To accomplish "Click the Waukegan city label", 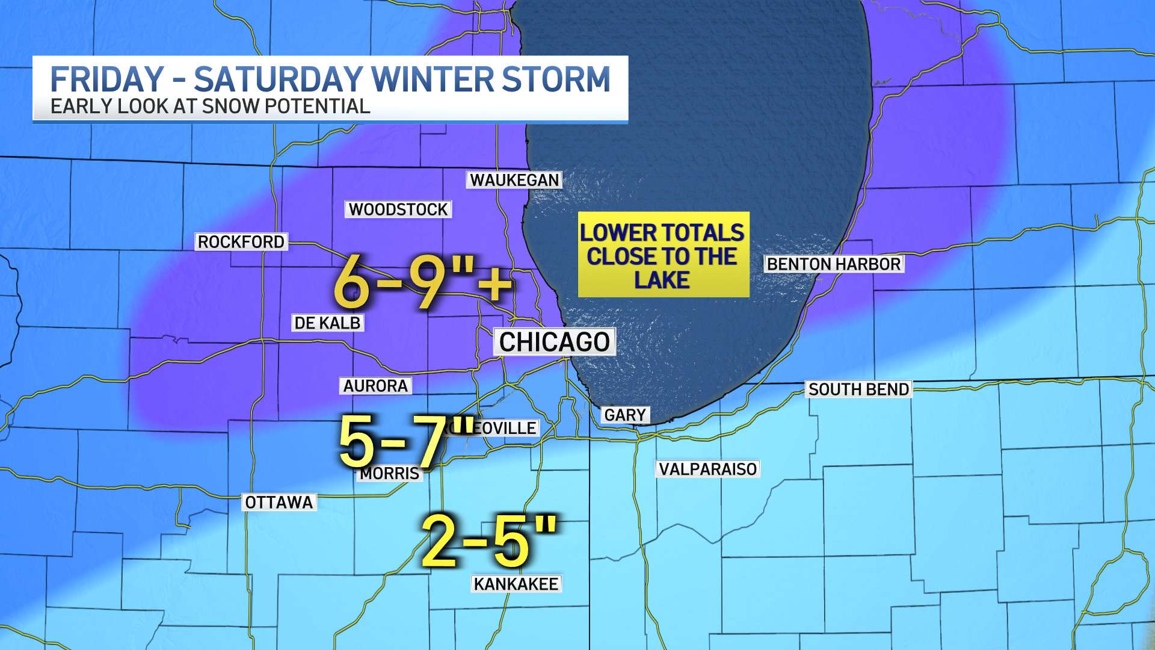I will [514, 180].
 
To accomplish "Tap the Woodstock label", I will [398, 209].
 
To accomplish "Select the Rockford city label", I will [241, 242].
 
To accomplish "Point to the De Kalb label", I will [328, 323].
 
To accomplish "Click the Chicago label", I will [555, 342].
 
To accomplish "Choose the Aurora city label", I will [376, 386].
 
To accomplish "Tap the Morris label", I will [390, 474].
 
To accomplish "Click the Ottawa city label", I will [279, 503].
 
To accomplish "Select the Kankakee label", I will [516, 584].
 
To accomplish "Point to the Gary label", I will [625, 415].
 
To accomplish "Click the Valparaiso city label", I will [708, 469].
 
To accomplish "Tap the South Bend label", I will [858, 389].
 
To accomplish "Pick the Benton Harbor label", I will [834, 264].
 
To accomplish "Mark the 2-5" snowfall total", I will [488, 541].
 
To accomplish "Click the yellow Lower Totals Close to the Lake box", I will [663, 255].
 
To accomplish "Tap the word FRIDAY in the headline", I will [107, 79].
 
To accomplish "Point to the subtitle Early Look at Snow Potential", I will [210, 107].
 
